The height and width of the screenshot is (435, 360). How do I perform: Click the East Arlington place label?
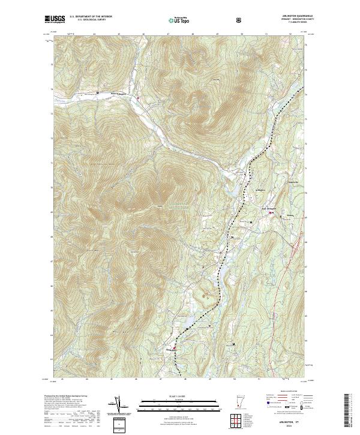pyautogui.click(x=271, y=208)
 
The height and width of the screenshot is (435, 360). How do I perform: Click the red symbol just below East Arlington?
pyautogui.click(x=271, y=212)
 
